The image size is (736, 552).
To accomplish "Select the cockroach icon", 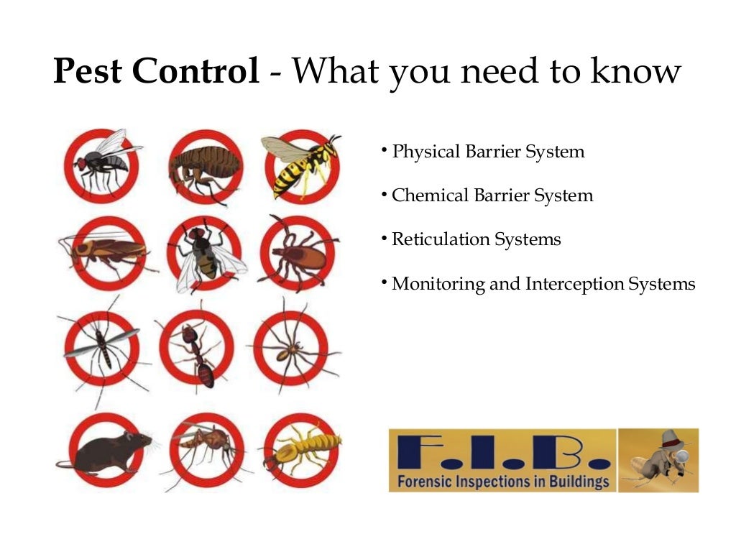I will (106, 250).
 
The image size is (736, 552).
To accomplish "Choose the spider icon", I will (293, 349).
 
